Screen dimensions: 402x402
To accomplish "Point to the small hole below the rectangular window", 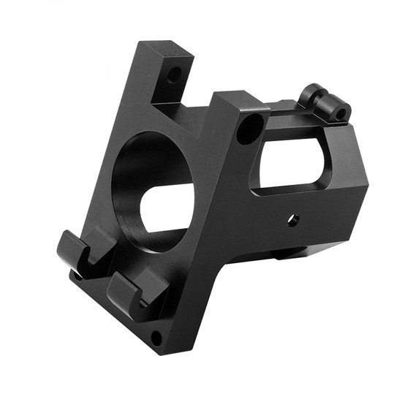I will coord(292,219).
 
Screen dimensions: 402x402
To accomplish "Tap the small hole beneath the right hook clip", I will coord(156,337).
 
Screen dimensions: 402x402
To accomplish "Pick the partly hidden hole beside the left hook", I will coord(76,276).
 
